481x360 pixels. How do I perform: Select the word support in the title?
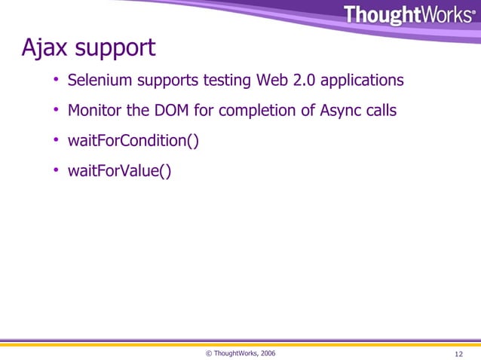(114, 50)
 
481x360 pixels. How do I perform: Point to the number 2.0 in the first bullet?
(305, 80)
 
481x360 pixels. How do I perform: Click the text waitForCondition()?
(133, 142)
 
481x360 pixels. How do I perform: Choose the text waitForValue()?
(119, 172)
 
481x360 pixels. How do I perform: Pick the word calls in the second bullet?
(379, 111)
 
